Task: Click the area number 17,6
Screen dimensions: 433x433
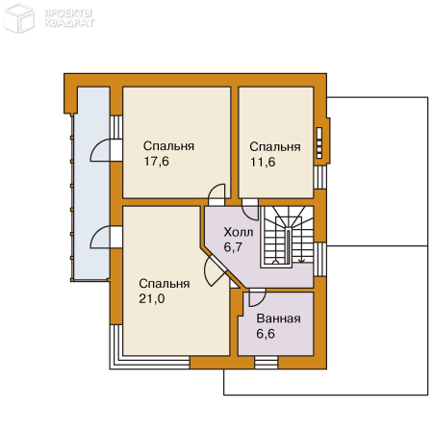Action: point(156,162)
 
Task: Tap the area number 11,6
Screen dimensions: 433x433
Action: point(263,162)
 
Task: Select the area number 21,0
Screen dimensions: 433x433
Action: point(152,298)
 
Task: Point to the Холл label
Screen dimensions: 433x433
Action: point(239,232)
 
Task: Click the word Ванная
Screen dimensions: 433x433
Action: point(279,318)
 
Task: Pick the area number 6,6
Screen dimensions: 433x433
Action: point(266,334)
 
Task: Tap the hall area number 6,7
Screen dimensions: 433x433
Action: point(233,247)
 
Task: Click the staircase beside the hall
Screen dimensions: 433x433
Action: point(287,237)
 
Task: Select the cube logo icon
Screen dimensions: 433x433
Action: point(18,17)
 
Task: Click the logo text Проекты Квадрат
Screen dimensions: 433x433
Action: point(69,18)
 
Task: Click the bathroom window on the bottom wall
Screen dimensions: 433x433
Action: point(267,363)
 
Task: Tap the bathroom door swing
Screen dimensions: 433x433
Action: point(257,297)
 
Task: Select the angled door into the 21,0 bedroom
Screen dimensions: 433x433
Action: point(216,268)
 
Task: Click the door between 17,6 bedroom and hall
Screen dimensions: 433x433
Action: point(216,194)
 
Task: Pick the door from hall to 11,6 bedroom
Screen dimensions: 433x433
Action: point(250,210)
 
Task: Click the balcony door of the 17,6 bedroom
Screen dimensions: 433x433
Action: point(106,150)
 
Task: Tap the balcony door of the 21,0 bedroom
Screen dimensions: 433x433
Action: point(106,237)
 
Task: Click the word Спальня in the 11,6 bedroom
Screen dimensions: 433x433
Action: point(275,146)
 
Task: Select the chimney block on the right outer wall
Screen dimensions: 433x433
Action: point(324,141)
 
